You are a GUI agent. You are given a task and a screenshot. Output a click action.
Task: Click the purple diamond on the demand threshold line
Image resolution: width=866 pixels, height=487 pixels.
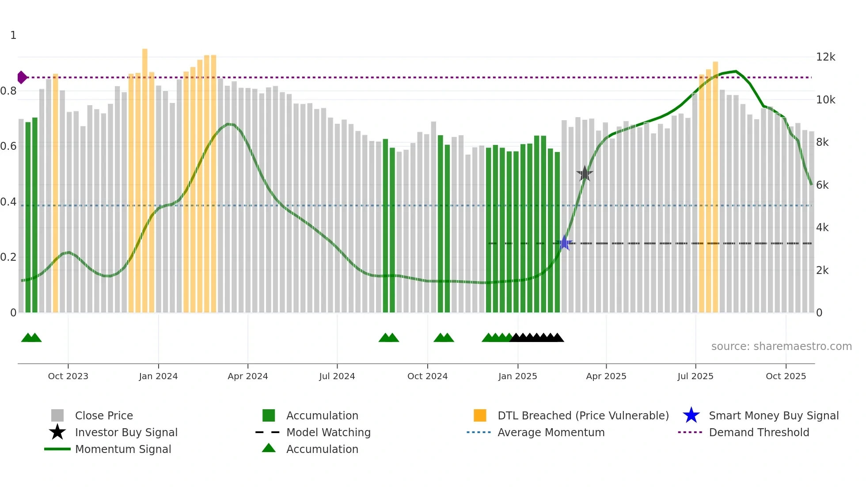pos(22,77)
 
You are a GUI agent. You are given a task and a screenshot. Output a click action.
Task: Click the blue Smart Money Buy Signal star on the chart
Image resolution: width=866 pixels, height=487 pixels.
pos(564,243)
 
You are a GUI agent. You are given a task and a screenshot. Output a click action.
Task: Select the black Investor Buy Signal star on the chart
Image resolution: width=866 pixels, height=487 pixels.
pos(585,174)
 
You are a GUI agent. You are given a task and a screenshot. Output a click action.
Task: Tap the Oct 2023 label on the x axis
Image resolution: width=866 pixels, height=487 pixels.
pos(68,376)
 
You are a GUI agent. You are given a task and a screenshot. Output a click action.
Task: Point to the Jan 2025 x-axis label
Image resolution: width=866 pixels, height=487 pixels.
pos(517,376)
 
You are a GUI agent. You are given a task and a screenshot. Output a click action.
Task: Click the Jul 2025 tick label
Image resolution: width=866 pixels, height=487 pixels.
pos(695,376)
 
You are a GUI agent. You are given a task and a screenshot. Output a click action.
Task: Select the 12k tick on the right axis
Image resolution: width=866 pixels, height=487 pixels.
pos(825,57)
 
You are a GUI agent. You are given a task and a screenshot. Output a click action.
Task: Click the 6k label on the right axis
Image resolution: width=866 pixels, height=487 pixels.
pos(822,185)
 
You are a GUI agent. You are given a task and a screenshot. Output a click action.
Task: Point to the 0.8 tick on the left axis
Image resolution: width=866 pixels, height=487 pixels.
pos(8,91)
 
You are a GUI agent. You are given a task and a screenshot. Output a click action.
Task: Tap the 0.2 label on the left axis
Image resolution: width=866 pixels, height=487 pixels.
pos(8,257)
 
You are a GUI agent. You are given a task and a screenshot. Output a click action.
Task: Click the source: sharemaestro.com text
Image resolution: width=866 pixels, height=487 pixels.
pos(781,346)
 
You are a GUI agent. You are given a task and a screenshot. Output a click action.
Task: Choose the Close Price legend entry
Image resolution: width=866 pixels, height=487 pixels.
pos(104,415)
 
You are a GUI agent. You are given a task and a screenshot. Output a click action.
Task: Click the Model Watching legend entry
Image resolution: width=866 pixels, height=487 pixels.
pos(328,432)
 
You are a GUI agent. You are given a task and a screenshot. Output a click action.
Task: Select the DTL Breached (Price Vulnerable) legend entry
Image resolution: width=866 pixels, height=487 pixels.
pos(583,415)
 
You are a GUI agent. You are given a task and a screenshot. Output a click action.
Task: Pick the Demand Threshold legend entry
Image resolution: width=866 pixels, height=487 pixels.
pos(759,432)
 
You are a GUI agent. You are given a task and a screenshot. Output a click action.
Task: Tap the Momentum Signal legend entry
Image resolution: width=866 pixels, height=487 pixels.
pos(123,449)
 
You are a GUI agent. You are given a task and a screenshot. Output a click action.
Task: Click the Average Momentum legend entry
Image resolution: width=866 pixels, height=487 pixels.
pos(551,432)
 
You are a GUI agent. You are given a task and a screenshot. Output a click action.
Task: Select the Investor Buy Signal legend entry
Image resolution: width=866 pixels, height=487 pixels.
pos(126,432)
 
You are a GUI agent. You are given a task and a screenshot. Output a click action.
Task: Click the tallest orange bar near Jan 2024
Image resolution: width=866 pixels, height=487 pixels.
pos(145,177)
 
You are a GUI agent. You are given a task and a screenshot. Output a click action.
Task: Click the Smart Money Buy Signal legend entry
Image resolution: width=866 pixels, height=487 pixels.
pos(773,415)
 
